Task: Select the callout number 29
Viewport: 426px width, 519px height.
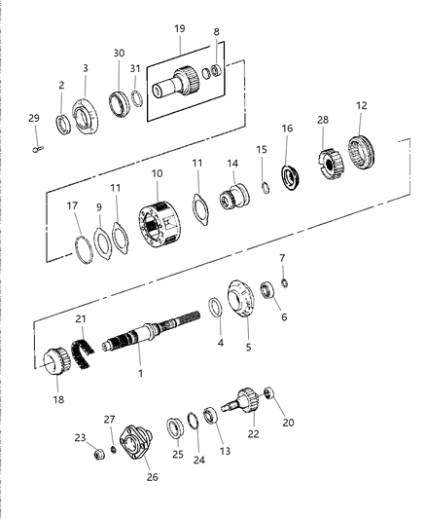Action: [34, 118]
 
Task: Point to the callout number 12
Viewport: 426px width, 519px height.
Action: [361, 105]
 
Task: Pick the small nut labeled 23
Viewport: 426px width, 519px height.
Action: [98, 455]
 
